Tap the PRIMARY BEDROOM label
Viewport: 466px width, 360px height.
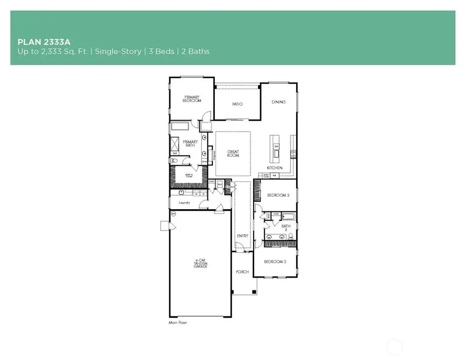tap(191, 99)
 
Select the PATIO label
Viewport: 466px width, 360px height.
tap(237, 104)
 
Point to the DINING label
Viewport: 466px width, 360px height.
tap(278, 102)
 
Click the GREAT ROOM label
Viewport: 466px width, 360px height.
tap(232, 154)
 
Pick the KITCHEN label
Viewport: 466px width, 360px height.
tap(274, 168)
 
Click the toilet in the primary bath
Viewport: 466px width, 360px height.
tap(174, 161)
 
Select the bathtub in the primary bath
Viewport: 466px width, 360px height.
tap(182, 126)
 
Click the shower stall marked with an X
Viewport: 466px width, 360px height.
tap(175, 143)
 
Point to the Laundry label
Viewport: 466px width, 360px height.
tap(184, 203)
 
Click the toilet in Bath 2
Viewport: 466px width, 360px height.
tap(290, 236)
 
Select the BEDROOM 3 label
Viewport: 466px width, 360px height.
tap(275, 262)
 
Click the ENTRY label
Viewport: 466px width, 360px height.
tap(242, 236)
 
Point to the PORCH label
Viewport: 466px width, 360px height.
tap(242, 272)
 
